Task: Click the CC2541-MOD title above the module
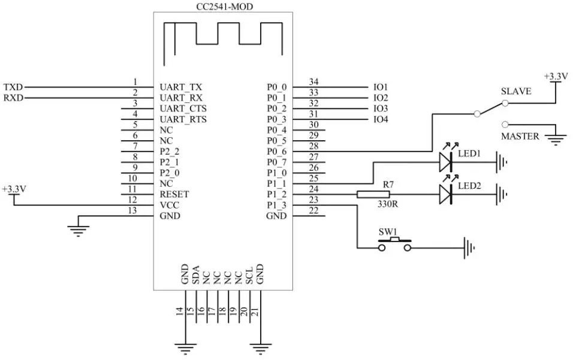pos(224,7)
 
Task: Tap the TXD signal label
pos(13,87)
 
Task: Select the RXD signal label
pos(13,98)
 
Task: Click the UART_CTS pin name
pos(183,109)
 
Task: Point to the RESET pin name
pos(174,194)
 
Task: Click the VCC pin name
pos(169,205)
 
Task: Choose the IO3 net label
pos(381,108)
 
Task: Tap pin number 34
pos(313,81)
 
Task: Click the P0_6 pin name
pos(277,152)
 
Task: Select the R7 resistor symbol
pos(373,194)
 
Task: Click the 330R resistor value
pos(387,204)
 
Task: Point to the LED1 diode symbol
pos(446,162)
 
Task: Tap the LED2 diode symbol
pos(446,194)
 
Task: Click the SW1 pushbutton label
pos(387,232)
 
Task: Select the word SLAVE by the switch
pos(516,91)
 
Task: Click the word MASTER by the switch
pos(520,136)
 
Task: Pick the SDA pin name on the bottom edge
pos(195,275)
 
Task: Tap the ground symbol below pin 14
pos(185,349)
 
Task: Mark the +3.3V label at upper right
pos(556,76)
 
